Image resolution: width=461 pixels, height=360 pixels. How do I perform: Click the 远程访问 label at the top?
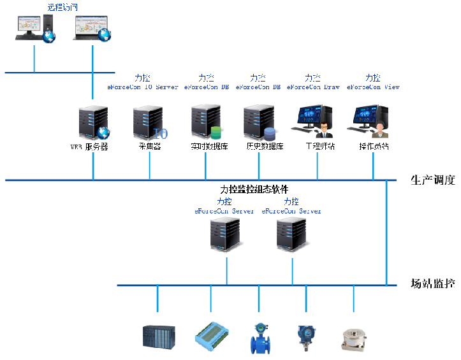point(62,7)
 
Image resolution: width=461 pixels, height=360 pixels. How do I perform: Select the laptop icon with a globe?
point(92,28)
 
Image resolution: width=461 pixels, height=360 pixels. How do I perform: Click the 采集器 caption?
point(150,146)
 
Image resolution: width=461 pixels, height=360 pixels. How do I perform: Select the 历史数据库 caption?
point(264,146)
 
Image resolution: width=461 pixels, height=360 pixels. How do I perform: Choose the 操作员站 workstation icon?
point(372,122)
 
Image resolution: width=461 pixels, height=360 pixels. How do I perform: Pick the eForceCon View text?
point(373,87)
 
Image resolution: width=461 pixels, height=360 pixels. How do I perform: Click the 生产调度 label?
point(433,180)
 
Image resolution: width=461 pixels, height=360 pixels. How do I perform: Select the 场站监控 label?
point(433,284)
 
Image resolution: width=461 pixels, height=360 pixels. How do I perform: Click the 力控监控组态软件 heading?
point(254,189)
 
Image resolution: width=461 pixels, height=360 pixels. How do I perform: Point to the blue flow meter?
point(260,338)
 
